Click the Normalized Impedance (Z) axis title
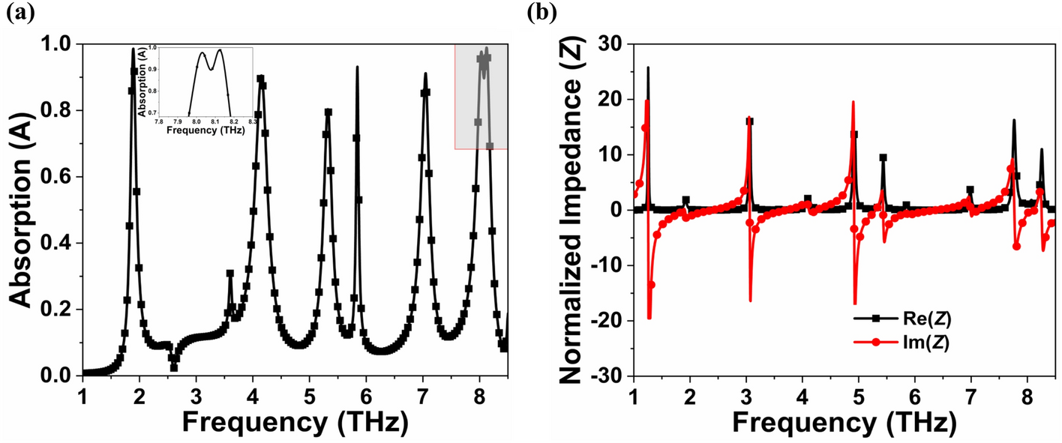coord(577,210)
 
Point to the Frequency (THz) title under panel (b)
coord(844,423)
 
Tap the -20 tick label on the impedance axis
coord(608,320)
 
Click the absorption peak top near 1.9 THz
coord(133,49)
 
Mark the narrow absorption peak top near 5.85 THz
coord(357,67)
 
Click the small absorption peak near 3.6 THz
coord(230,274)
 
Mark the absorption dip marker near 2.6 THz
coord(174,367)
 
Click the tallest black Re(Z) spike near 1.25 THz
coord(648,67)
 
